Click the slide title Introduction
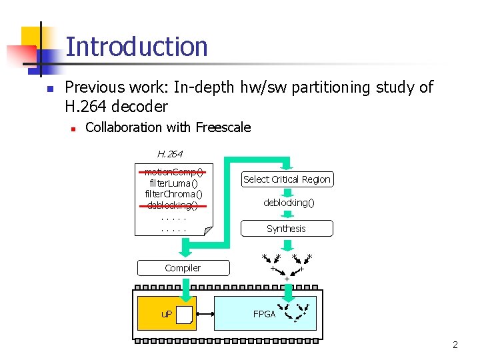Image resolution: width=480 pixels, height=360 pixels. (137, 47)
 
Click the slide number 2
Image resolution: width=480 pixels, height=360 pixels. (455, 345)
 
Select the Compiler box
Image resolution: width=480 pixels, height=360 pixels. (183, 268)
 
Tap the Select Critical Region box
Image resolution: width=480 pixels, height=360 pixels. (287, 179)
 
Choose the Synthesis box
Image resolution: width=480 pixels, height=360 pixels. (286, 229)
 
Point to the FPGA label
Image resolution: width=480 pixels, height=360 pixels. (264, 314)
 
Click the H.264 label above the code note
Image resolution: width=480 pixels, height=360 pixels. (169, 154)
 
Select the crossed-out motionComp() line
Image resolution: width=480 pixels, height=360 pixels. (173, 171)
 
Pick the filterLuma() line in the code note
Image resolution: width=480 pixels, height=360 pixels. (173, 183)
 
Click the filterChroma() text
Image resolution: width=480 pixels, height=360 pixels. (173, 193)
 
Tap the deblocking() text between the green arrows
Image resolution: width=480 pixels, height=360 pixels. (289, 202)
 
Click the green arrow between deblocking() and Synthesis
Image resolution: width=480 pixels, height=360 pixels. (286, 215)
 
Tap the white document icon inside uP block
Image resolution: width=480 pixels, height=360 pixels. (184, 315)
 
